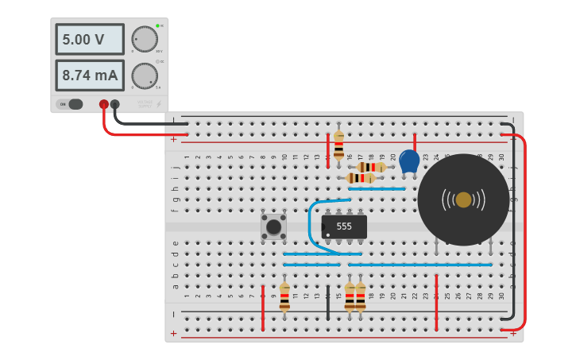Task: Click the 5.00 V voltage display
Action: (89, 39)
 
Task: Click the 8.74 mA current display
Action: (89, 75)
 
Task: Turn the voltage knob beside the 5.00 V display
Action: (145, 39)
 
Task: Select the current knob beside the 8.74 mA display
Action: (145, 75)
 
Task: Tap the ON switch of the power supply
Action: (71, 104)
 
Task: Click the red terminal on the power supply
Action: (103, 104)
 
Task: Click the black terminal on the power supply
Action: (115, 104)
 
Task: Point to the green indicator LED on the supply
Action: (158, 26)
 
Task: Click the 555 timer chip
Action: (344, 226)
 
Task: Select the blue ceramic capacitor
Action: (409, 161)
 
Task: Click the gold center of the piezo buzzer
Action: (463, 199)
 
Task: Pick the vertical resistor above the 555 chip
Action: (339, 145)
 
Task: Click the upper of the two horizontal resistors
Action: (371, 167)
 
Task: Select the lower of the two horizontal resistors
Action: (361, 178)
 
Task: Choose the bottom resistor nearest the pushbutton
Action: (284, 296)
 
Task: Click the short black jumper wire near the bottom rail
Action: (328, 303)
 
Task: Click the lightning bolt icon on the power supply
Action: (159, 104)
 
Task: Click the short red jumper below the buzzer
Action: (436, 302)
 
